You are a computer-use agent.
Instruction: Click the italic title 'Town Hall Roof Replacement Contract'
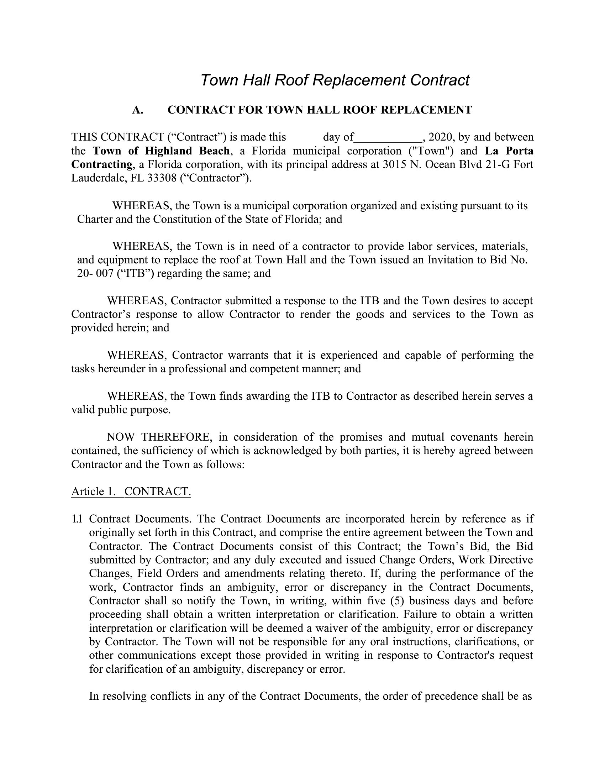click(x=335, y=80)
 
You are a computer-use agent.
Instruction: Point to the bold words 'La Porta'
click(x=509, y=151)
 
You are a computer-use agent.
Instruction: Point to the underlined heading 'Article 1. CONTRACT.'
click(x=131, y=491)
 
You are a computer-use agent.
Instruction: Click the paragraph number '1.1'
click(x=77, y=519)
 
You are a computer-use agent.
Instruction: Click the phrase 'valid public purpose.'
click(x=121, y=410)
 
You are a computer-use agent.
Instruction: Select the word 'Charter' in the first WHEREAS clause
click(x=95, y=219)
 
